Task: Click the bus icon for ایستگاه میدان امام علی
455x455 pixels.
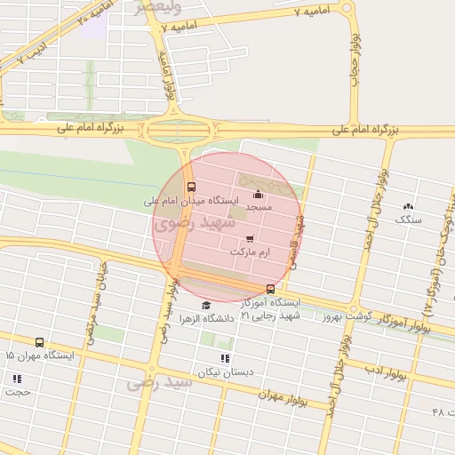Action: point(192,187)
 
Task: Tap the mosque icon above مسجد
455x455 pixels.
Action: point(259,195)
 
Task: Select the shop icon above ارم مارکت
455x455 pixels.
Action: point(249,239)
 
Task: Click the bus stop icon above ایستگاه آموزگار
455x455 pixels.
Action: point(270,289)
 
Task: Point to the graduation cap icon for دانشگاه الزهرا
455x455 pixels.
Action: point(206,305)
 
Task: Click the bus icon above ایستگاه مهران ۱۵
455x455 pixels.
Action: point(39,342)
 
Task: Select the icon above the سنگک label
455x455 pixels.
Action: point(409,205)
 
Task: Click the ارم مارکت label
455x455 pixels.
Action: point(249,253)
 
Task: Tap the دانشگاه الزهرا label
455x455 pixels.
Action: point(206,317)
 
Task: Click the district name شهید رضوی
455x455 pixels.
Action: point(184,223)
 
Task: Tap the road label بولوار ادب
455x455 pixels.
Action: point(384,371)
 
